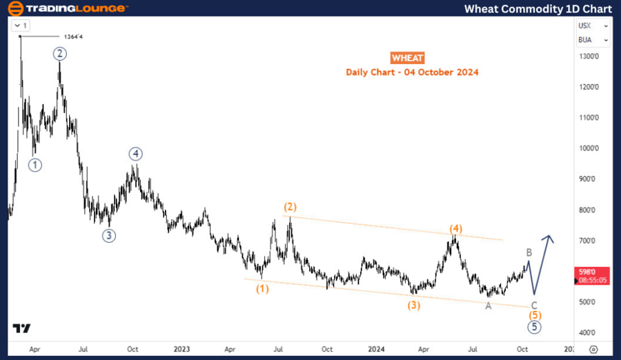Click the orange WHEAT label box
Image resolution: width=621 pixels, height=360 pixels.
click(407, 58)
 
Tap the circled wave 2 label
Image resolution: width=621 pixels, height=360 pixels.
click(60, 53)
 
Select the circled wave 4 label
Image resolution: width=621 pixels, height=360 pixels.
click(135, 154)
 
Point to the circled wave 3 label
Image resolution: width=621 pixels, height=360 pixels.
click(109, 235)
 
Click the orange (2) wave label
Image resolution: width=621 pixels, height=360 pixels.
click(290, 207)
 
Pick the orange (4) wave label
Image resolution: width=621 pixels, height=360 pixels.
click(455, 228)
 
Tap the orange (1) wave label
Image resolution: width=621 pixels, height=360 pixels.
click(262, 289)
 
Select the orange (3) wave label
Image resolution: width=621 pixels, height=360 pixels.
click(413, 304)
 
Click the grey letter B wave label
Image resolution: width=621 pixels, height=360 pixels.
click(529, 253)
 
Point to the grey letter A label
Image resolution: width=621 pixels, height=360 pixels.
click(489, 306)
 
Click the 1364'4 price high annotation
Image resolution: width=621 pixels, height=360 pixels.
click(84, 37)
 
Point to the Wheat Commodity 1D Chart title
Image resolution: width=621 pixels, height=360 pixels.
click(538, 8)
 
